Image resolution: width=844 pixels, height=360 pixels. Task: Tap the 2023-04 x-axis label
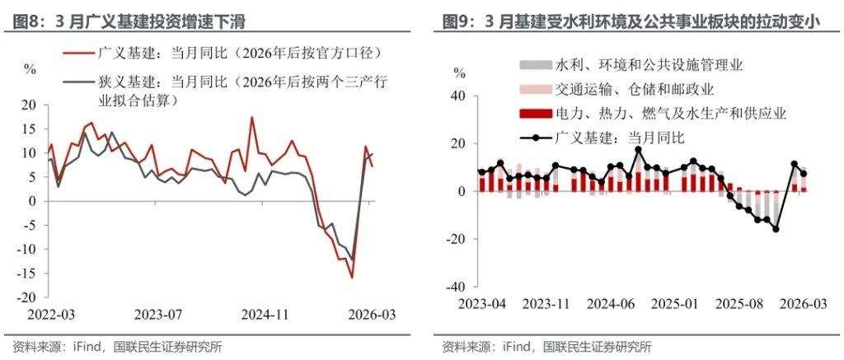click(x=481, y=304)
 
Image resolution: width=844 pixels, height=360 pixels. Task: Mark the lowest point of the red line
click(x=352, y=278)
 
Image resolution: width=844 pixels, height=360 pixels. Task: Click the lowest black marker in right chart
click(x=776, y=229)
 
